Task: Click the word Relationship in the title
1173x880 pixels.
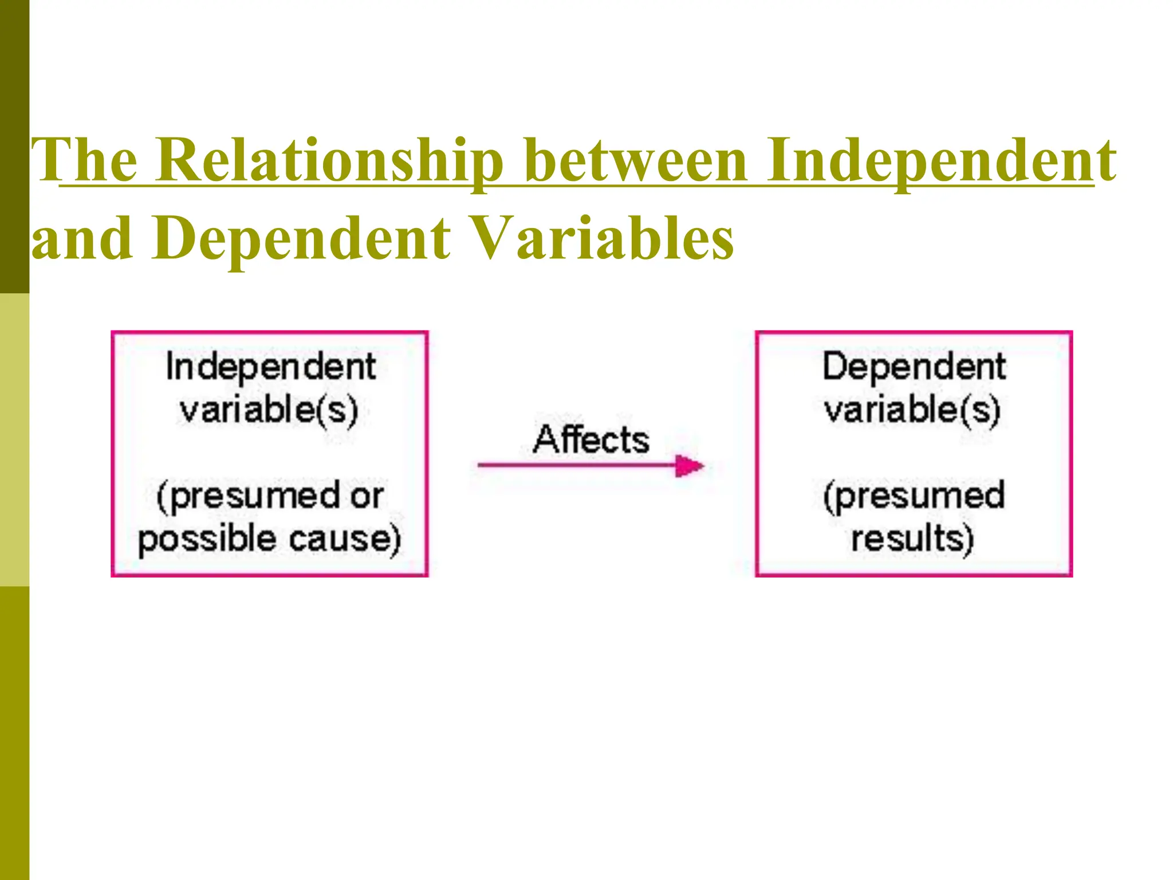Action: tap(329, 162)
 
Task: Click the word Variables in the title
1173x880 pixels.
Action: tap(604, 239)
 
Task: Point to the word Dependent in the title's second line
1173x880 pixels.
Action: tap(301, 239)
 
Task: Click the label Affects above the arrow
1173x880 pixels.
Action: tap(591, 440)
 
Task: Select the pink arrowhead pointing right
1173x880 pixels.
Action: tap(689, 466)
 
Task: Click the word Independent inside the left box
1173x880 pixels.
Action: tap(270, 367)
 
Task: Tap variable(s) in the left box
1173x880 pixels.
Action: tap(269, 410)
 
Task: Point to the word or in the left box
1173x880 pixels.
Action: tap(367, 496)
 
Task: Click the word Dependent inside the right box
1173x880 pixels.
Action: tap(914, 367)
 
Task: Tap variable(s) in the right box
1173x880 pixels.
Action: tap(912, 410)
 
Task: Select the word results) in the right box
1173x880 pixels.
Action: tap(912, 540)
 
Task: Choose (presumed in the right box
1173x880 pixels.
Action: tap(914, 496)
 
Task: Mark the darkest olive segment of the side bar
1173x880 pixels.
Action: tap(14, 146)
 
